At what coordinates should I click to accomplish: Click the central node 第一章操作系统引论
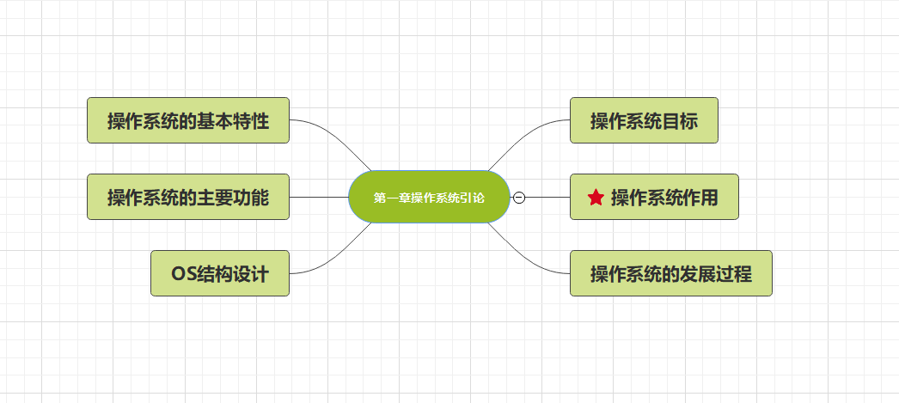pyautogui.click(x=429, y=198)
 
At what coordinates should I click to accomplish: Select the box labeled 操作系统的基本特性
pyautogui.click(x=187, y=120)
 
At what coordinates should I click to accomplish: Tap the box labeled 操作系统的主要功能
pyautogui.click(x=187, y=197)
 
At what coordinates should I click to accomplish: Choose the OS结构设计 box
pyautogui.click(x=219, y=273)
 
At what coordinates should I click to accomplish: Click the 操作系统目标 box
pyautogui.click(x=643, y=120)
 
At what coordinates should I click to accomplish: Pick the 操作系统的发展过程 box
pyautogui.click(x=670, y=273)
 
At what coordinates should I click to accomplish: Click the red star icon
pyautogui.click(x=596, y=198)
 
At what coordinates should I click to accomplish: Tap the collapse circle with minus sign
pyautogui.click(x=519, y=198)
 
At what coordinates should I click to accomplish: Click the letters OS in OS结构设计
pyautogui.click(x=183, y=274)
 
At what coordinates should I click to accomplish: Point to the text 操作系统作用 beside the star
pyautogui.click(x=664, y=198)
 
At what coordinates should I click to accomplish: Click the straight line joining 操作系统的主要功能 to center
pyautogui.click(x=318, y=197)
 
